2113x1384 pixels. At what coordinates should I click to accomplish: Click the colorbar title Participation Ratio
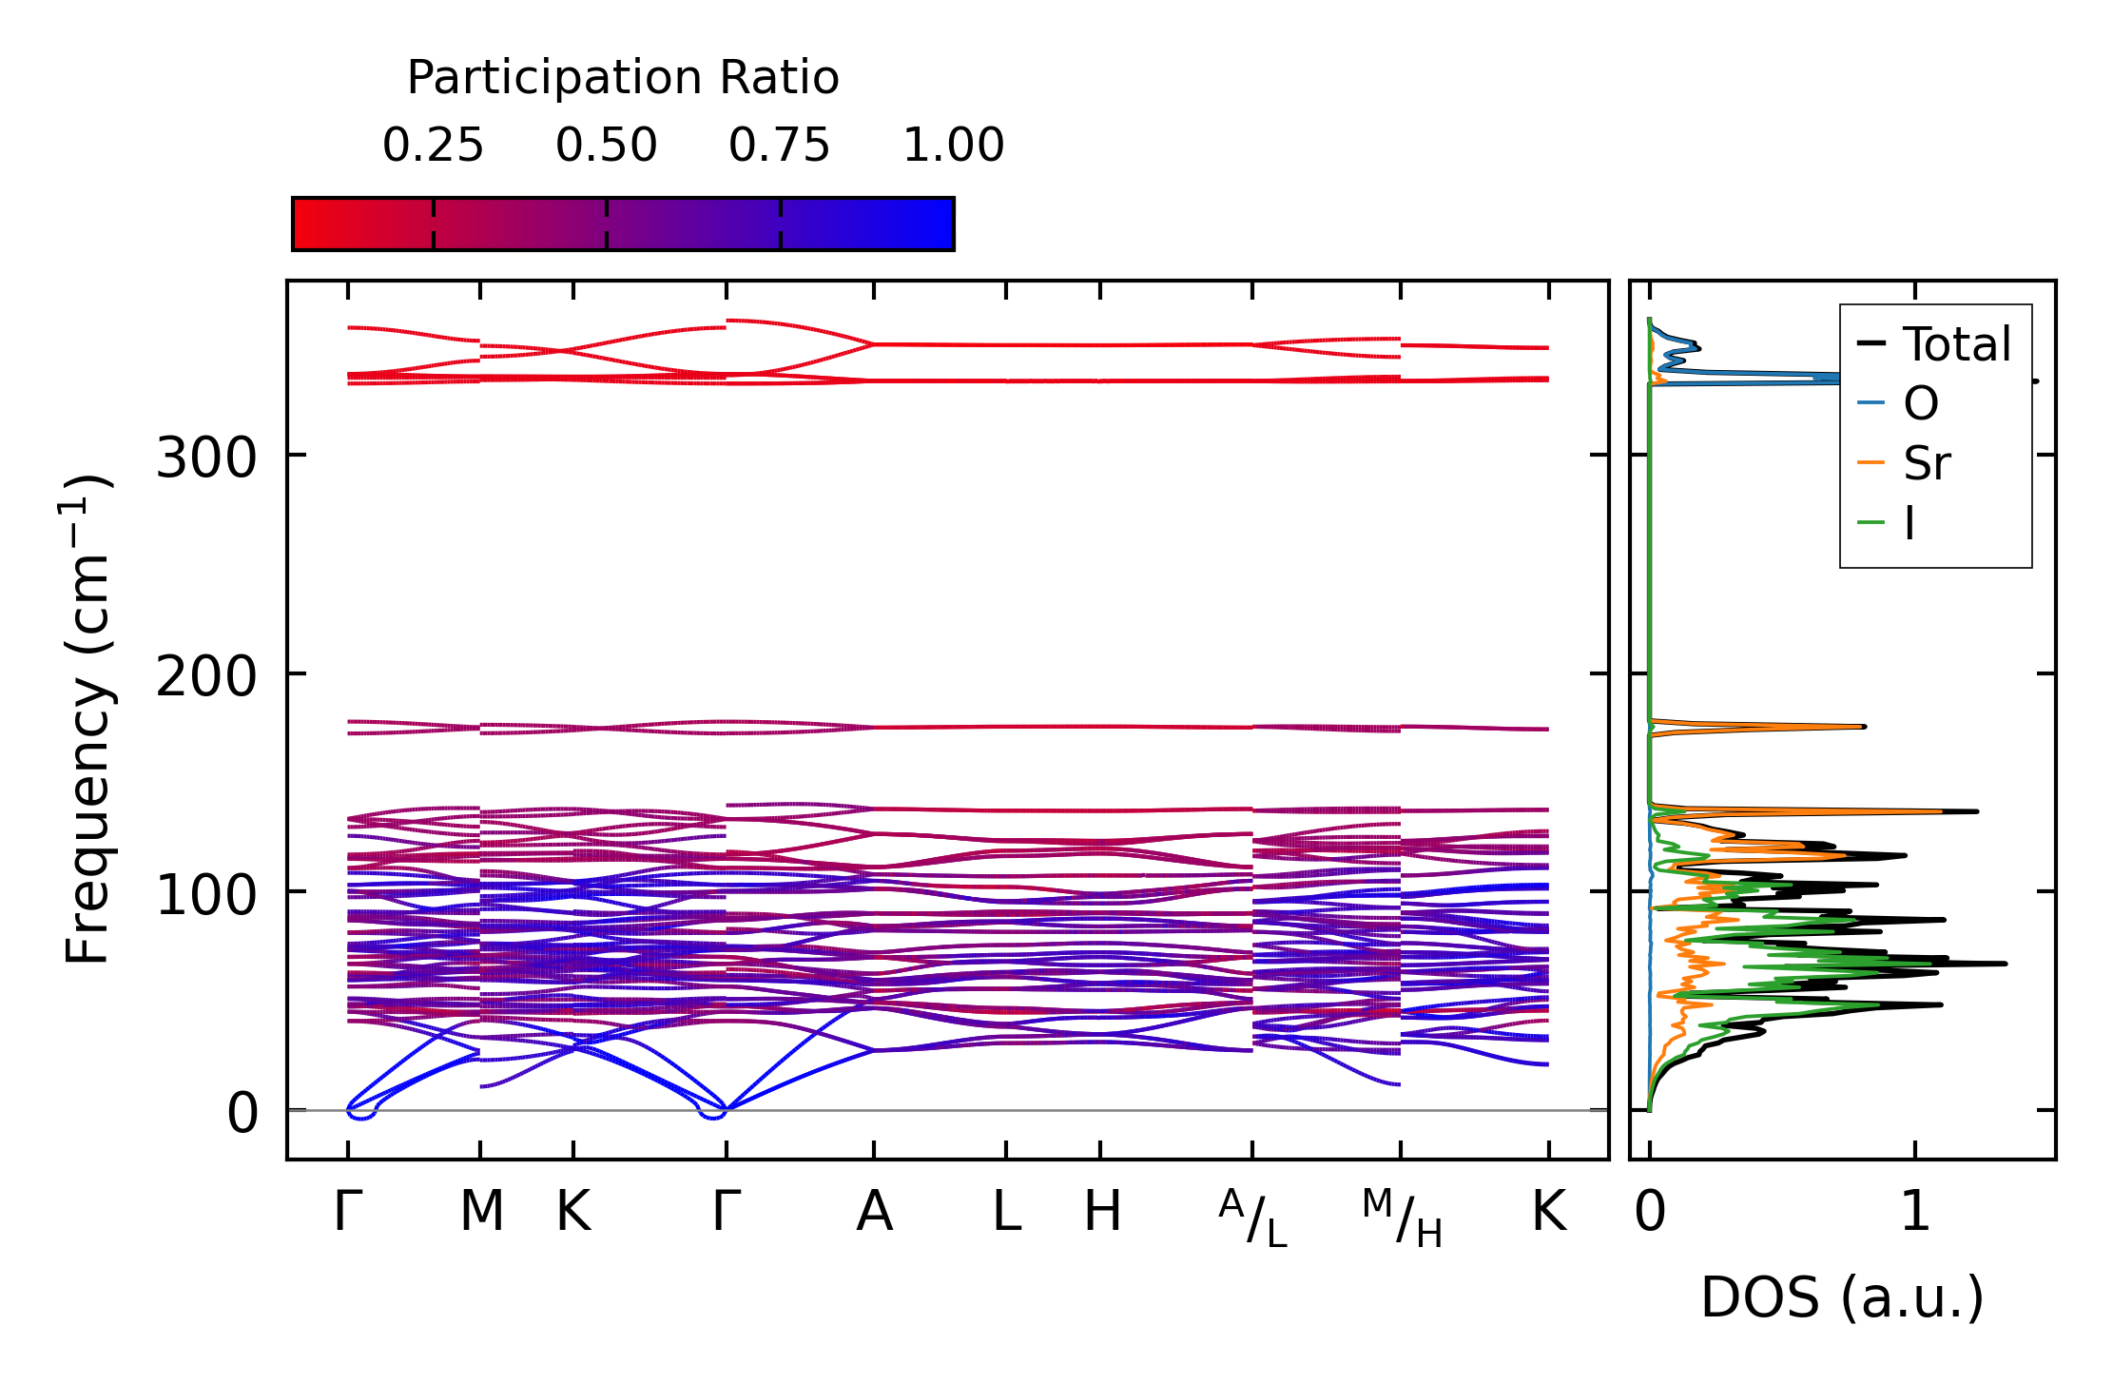click(x=623, y=78)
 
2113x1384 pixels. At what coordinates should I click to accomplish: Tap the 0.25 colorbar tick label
click(x=433, y=146)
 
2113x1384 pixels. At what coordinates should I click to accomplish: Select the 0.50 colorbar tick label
click(x=606, y=146)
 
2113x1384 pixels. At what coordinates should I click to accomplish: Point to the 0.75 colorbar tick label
click(x=780, y=146)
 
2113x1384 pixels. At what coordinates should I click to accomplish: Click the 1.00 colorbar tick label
click(x=953, y=146)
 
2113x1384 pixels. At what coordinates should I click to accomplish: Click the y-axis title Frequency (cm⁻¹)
click(x=87, y=720)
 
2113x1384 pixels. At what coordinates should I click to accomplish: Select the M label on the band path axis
click(x=481, y=1212)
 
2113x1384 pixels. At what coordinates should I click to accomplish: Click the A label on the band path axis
click(x=874, y=1212)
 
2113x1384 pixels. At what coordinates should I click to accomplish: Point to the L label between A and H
click(x=1006, y=1212)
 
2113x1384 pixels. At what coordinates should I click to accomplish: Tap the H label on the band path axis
click(x=1102, y=1212)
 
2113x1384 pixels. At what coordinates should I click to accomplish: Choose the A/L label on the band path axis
click(x=1252, y=1218)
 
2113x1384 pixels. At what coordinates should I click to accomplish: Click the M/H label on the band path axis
click(x=1402, y=1218)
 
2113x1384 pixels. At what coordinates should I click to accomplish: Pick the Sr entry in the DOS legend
click(x=1926, y=464)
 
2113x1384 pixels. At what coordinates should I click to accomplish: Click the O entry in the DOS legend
click(x=1920, y=404)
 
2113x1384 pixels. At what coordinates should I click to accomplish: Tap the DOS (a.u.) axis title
click(x=1842, y=1297)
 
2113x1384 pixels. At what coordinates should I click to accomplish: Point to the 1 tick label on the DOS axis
click(x=1915, y=1212)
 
